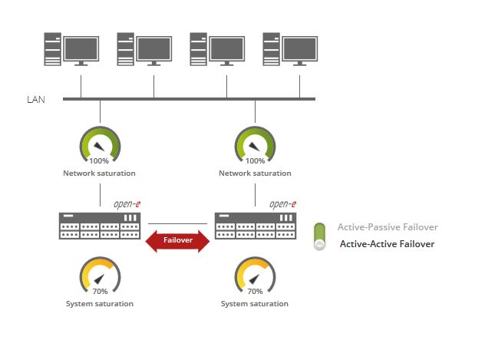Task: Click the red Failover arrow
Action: click(177, 239)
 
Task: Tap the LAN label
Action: click(36, 99)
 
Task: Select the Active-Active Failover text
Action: click(387, 244)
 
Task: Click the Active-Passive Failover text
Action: click(388, 227)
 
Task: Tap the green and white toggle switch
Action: click(320, 236)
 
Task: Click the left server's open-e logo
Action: click(127, 204)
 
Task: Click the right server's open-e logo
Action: click(282, 204)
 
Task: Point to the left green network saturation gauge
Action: click(100, 145)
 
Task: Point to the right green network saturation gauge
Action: click(255, 145)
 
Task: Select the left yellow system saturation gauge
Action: click(100, 276)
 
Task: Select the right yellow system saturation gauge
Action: click(255, 276)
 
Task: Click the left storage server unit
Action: click(101, 226)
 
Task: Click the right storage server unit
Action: click(256, 226)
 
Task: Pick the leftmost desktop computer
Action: click(72, 49)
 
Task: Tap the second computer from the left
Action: click(145, 49)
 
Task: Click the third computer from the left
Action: click(218, 49)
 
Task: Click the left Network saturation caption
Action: click(99, 173)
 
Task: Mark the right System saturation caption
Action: click(255, 304)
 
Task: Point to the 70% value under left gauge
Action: click(101, 292)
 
